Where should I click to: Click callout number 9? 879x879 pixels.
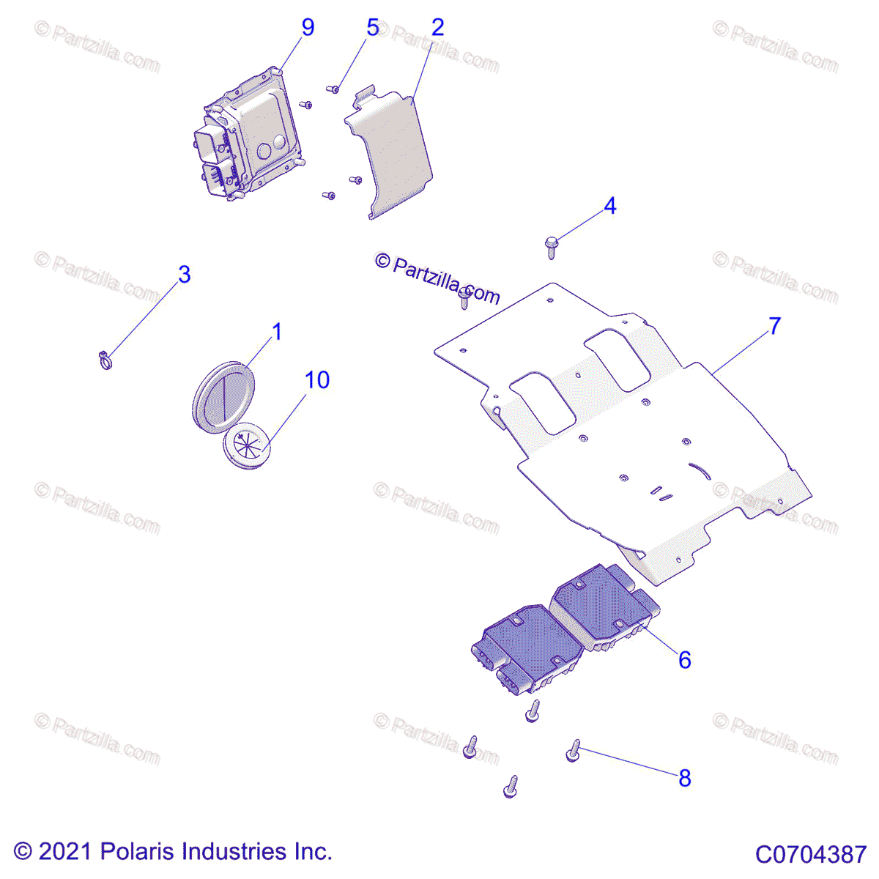point(308,27)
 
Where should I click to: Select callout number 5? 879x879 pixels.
point(372,28)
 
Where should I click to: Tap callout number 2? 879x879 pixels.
point(437,27)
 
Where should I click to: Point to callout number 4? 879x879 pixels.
point(609,206)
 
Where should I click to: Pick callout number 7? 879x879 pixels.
point(774,325)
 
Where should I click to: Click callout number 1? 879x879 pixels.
point(277,332)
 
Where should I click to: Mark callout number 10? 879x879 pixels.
point(317,379)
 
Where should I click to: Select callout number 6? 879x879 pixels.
point(684,659)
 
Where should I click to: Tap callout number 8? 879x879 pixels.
point(684,778)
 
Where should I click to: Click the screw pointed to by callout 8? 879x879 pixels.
point(574,750)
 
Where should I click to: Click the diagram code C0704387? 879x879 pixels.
point(811,854)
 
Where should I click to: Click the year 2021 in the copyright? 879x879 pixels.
point(64,851)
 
